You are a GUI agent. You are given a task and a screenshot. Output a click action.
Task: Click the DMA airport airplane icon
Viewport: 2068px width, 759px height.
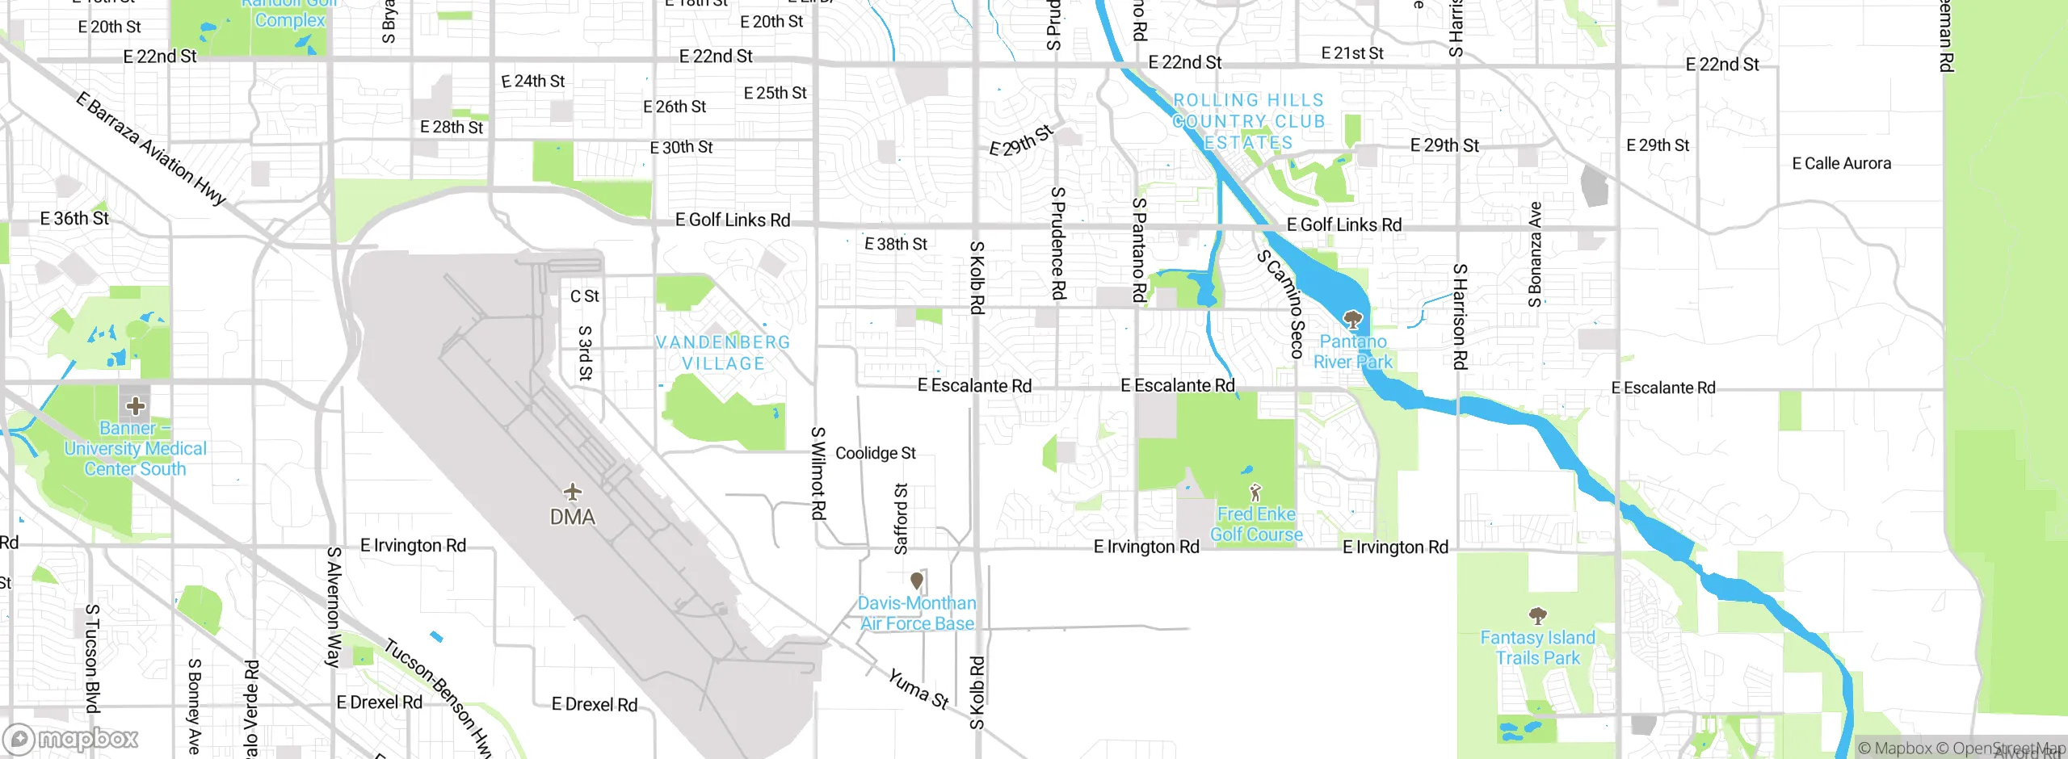572,491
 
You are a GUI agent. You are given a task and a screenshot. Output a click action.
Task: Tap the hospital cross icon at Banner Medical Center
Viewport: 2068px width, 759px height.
135,405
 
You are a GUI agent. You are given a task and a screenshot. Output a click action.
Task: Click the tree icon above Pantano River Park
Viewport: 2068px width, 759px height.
1352,319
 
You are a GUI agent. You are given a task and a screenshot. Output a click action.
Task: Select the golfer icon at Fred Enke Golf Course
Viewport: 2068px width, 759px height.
1255,492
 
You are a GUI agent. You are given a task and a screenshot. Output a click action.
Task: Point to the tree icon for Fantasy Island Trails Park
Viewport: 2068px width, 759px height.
1537,616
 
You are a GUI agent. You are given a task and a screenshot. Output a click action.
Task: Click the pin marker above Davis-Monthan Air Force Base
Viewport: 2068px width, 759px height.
917,581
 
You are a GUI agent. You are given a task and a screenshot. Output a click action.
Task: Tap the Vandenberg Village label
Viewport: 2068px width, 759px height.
723,353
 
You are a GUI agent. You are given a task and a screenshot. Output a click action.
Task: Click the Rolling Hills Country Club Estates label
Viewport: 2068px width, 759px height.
1249,121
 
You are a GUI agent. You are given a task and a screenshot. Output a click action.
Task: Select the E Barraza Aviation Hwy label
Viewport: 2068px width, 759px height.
150,148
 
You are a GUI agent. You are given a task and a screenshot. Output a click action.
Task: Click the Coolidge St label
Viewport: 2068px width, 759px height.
876,453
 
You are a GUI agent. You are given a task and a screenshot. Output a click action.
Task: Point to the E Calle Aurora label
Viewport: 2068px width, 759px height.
1841,163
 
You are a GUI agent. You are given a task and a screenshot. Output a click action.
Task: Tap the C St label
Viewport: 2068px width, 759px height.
584,296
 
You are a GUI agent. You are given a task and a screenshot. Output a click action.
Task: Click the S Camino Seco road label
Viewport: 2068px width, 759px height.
1282,304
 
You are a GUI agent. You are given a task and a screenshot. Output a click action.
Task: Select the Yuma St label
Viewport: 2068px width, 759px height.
918,688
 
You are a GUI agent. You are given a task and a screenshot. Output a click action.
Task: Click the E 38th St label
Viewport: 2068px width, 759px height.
895,244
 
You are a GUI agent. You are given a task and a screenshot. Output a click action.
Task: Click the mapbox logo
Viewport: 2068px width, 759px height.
71,739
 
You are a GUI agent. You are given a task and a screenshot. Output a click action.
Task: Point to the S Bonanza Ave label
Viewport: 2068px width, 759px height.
1535,254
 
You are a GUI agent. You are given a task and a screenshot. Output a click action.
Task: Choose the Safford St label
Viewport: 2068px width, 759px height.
901,518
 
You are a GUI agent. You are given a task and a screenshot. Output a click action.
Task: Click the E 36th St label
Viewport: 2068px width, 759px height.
74,218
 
